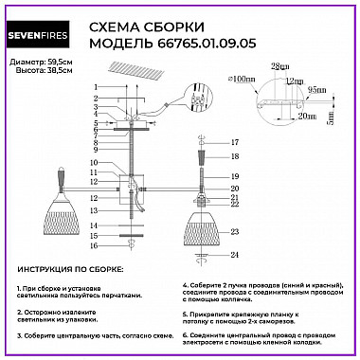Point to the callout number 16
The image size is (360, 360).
(x=95, y=245)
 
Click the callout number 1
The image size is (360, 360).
(x=95, y=87)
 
